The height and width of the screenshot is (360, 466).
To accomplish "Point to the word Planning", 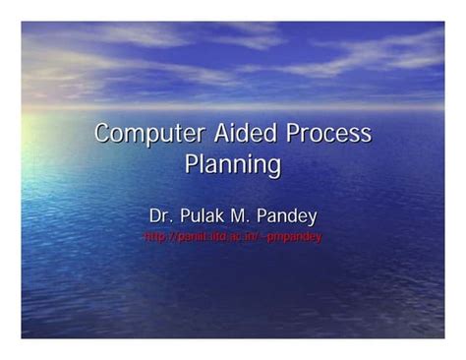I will coord(233,164).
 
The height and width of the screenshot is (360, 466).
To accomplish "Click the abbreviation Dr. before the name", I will coord(159,215).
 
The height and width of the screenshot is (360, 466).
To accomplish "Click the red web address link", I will coord(233,237).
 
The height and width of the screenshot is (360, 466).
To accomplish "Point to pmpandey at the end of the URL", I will coord(298,237).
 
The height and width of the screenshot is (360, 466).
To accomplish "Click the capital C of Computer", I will coord(102,133).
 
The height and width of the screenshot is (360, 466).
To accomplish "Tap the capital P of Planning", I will coord(192,163).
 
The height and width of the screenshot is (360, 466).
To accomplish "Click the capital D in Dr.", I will coord(154,215).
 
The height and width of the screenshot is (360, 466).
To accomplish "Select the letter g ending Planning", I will coord(274,167).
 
